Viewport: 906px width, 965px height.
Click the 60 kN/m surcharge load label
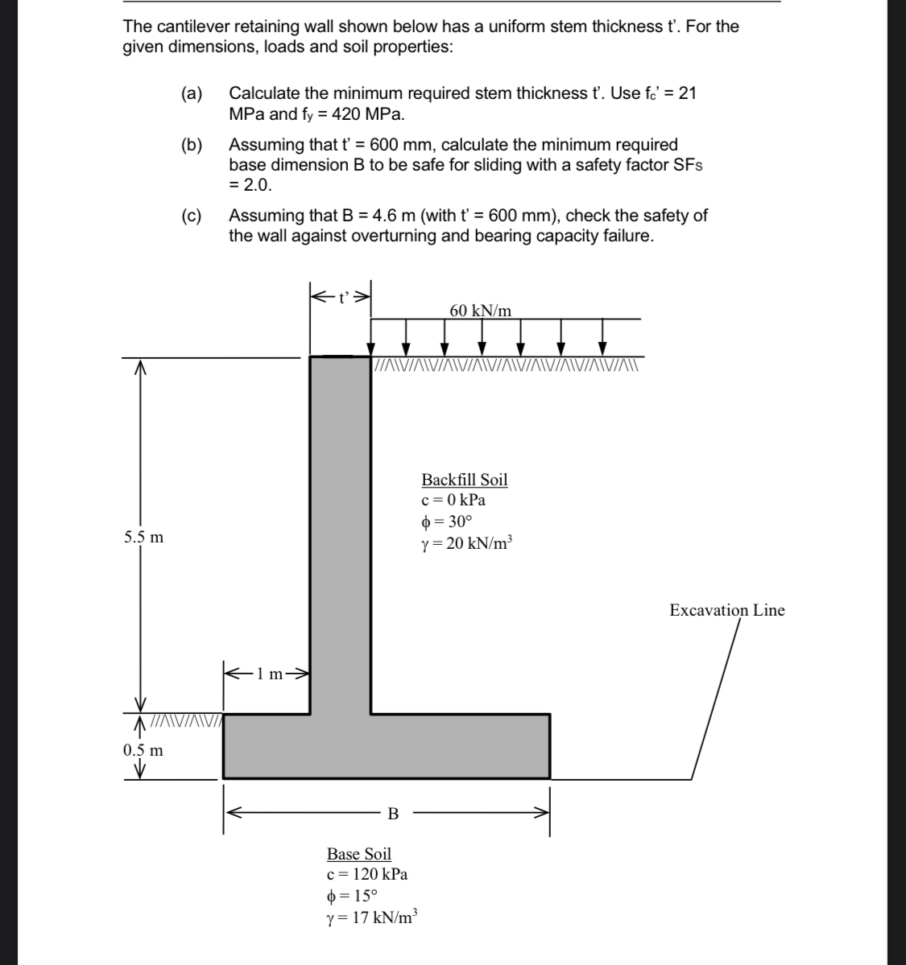tap(480, 311)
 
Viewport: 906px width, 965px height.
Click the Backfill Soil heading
tap(465, 480)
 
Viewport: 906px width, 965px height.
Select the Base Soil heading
tap(358, 854)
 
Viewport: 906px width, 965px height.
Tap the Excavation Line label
tap(726, 610)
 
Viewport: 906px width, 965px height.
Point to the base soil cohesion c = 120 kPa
tap(366, 874)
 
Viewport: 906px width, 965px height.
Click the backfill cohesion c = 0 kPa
tap(453, 500)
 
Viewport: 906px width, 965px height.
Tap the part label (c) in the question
tap(192, 216)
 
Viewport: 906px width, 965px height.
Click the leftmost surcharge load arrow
tap(371, 336)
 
